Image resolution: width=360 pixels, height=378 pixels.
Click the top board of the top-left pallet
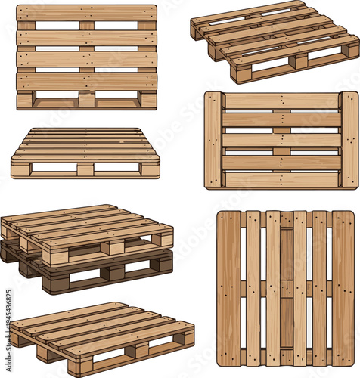(x=86, y=13)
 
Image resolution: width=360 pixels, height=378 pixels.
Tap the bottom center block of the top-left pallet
(x=86, y=100)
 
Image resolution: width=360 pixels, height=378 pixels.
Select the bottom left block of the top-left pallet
(x=25, y=100)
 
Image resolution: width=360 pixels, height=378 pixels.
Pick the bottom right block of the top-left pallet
(x=148, y=100)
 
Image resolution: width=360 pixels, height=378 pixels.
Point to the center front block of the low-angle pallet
(x=85, y=170)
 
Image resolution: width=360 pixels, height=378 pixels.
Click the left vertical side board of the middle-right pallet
(x=213, y=140)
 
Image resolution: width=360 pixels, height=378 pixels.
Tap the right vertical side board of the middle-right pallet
(x=349, y=140)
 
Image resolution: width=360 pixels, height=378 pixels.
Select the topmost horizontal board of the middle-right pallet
(x=281, y=101)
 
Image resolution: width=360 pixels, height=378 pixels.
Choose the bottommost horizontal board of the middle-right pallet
(x=281, y=180)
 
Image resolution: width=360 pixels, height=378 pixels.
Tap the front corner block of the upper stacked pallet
(x=54, y=256)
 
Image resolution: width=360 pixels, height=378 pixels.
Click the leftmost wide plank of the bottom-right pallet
(x=229, y=288)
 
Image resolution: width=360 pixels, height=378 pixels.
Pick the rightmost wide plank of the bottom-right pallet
(x=343, y=288)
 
